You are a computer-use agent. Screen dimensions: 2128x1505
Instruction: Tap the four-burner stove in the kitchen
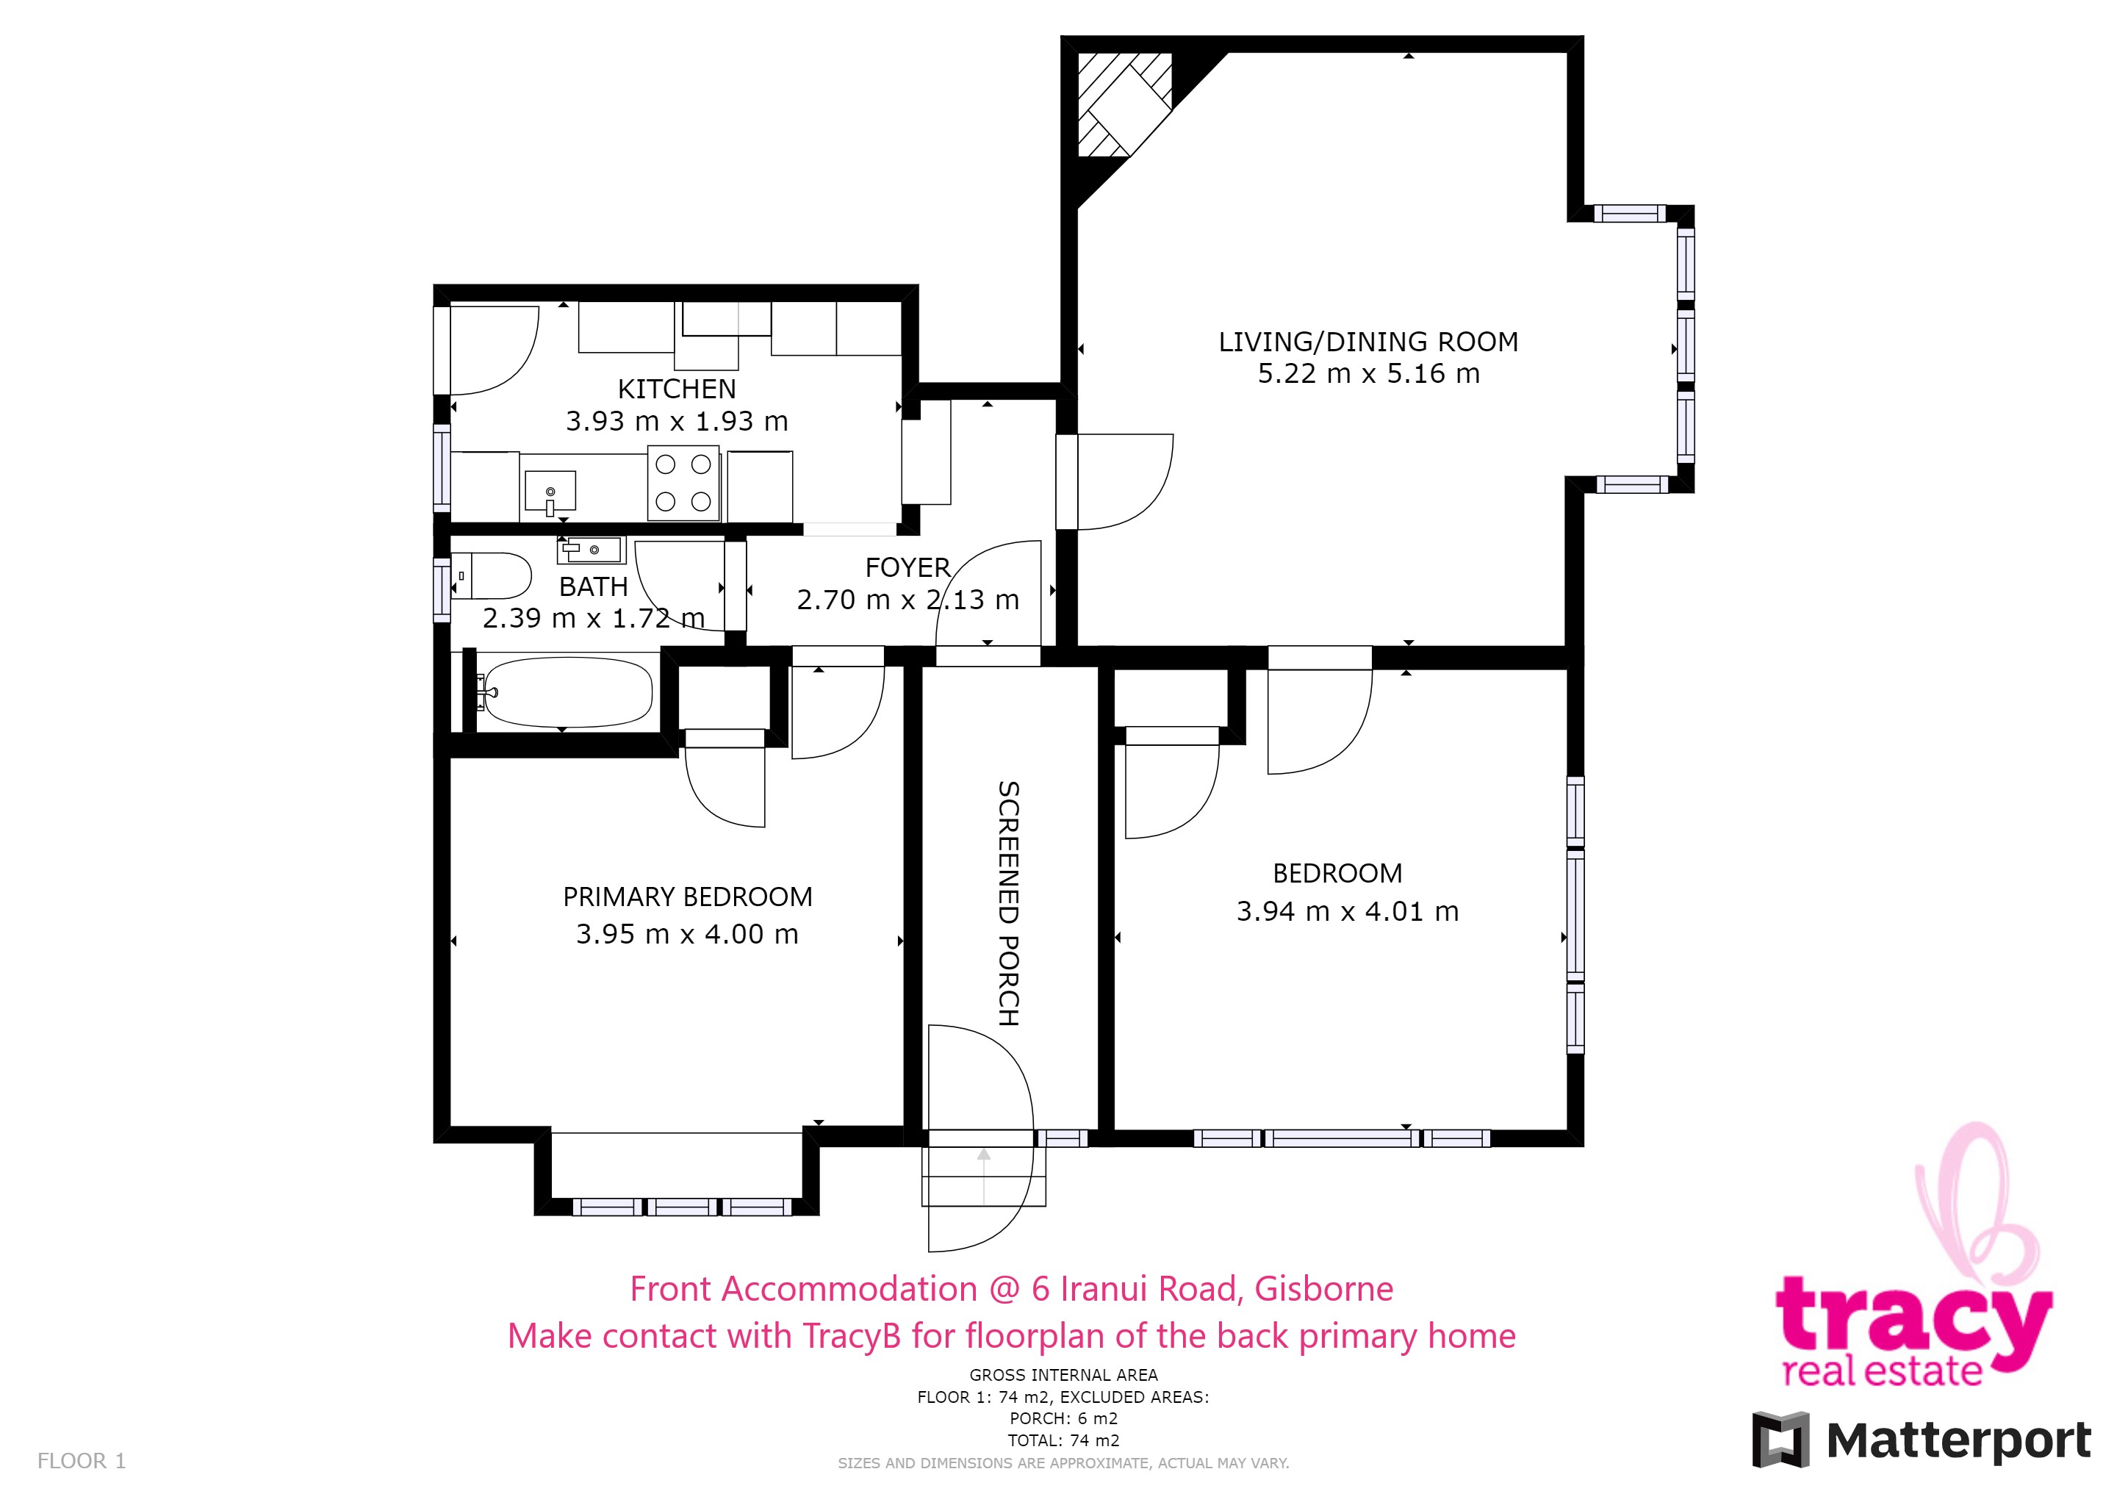(683, 483)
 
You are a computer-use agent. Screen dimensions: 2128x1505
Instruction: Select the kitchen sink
(550, 491)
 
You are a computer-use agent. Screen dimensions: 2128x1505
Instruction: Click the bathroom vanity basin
(590, 550)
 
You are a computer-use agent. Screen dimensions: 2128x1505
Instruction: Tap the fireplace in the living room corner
(1124, 104)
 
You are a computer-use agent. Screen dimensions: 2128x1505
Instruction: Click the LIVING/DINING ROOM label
(1368, 342)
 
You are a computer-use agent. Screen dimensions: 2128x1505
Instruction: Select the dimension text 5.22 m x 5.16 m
(1368, 373)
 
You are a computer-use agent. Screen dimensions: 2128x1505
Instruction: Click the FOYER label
(907, 567)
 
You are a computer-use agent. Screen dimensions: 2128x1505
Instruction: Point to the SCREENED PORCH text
(1008, 904)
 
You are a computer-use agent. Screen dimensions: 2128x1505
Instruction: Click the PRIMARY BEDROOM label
(688, 897)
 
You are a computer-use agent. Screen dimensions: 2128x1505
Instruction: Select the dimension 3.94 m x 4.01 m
(1348, 912)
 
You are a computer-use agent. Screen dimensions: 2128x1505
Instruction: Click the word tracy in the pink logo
(1913, 1319)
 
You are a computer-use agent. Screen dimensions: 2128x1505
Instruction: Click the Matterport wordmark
(1958, 1442)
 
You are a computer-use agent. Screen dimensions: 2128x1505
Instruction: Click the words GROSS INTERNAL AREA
(1064, 1375)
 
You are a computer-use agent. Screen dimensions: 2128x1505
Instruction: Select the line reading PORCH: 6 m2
(1064, 1419)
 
